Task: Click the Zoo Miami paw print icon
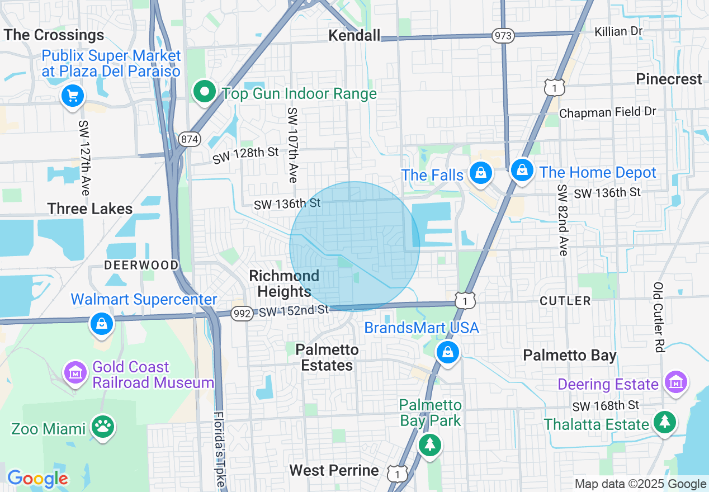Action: pyautogui.click(x=102, y=427)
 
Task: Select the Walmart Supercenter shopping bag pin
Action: pyautogui.click(x=102, y=324)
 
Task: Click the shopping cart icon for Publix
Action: pyautogui.click(x=72, y=96)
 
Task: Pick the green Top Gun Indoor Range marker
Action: pyautogui.click(x=205, y=91)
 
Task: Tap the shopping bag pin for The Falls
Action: pyautogui.click(x=480, y=172)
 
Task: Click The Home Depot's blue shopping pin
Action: pyautogui.click(x=522, y=169)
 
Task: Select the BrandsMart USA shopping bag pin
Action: pyautogui.click(x=448, y=352)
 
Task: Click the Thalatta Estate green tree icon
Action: pyautogui.click(x=664, y=422)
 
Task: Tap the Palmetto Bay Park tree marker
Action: pyautogui.click(x=429, y=445)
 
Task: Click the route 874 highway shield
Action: pyautogui.click(x=190, y=139)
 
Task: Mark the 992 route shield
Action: pyautogui.click(x=242, y=314)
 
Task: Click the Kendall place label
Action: pyautogui.click(x=354, y=36)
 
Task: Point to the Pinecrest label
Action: pyautogui.click(x=669, y=79)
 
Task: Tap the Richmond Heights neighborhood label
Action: pyautogui.click(x=284, y=283)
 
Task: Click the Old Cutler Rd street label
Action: pyautogui.click(x=658, y=317)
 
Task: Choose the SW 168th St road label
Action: pyautogui.click(x=605, y=405)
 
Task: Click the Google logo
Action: pyautogui.click(x=37, y=479)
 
